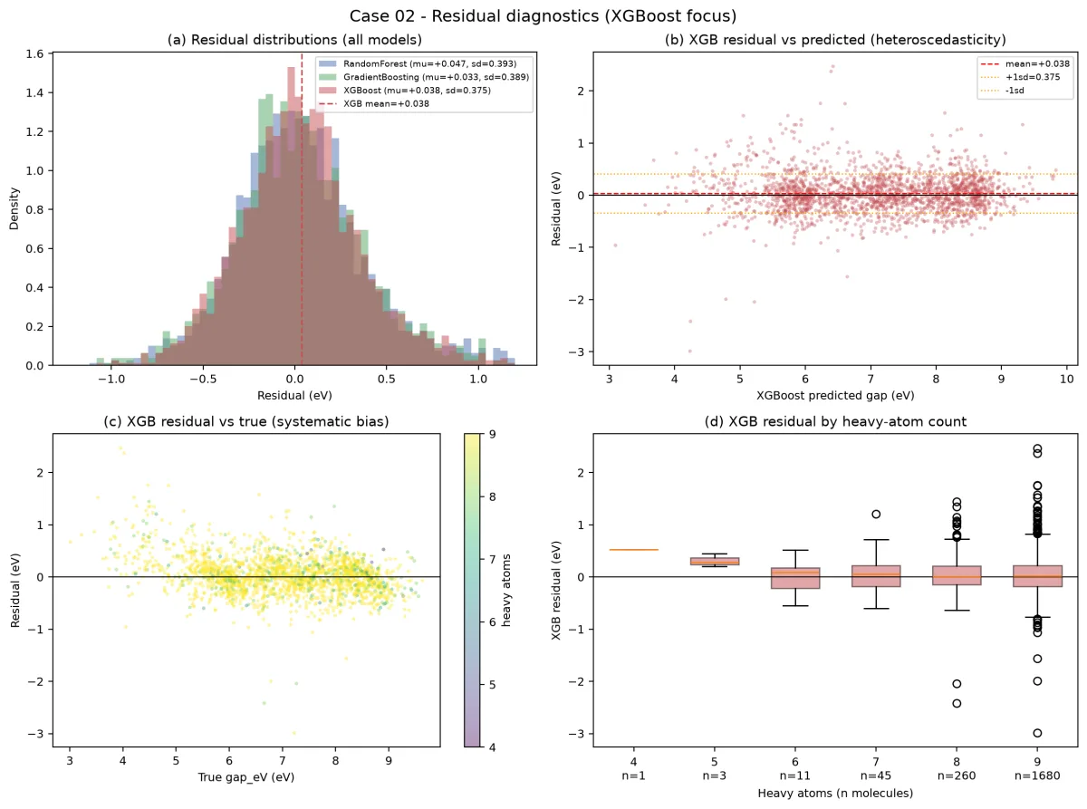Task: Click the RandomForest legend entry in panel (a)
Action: [x=418, y=63]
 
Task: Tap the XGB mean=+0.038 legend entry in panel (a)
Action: [x=374, y=103]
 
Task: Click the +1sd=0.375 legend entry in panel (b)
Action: [x=1019, y=77]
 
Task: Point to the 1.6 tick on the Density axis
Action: [x=34, y=53]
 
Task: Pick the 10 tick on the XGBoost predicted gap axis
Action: [x=1066, y=379]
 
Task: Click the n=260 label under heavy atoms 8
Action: [x=957, y=775]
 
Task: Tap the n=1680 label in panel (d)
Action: [x=1037, y=775]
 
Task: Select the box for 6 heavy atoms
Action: [x=795, y=578]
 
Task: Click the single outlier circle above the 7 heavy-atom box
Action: [x=876, y=514]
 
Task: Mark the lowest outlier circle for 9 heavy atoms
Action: [x=1037, y=733]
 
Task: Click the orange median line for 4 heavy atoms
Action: [x=634, y=550]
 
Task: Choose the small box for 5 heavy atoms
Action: [x=715, y=561]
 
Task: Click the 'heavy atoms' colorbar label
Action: [x=506, y=591]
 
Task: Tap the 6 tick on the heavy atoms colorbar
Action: [x=492, y=621]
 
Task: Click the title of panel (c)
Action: [x=246, y=421]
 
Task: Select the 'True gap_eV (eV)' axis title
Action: [x=246, y=777]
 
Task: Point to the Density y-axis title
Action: [x=14, y=208]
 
